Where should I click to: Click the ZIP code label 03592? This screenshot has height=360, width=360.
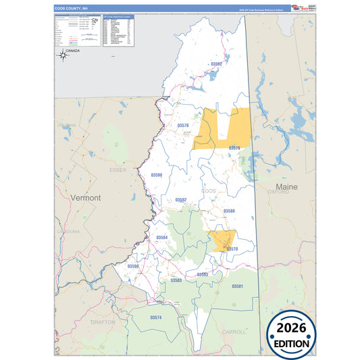tap(216, 63)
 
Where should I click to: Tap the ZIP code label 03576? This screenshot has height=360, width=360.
tap(183, 126)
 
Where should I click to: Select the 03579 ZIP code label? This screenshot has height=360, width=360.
tap(234, 147)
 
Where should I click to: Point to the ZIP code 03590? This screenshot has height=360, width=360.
tap(157, 175)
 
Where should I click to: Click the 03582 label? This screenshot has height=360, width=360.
tap(180, 200)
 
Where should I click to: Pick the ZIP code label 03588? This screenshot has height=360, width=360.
tap(229, 211)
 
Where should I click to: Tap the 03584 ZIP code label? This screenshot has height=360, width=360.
tap(162, 238)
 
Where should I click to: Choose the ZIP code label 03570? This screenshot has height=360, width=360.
tap(232, 249)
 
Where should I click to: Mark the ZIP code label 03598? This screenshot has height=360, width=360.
tap(133, 266)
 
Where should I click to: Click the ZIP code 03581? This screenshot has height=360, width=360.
tap(237, 286)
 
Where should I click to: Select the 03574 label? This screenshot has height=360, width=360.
tap(156, 317)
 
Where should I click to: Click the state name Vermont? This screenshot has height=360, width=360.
tap(86, 198)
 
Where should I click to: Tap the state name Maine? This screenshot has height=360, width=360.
tap(287, 186)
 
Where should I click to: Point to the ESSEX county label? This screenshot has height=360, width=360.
tap(118, 170)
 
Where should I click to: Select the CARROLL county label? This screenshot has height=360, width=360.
tap(234, 332)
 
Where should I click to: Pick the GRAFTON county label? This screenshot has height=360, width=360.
tap(103, 322)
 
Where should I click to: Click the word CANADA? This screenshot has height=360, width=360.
tap(72, 51)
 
